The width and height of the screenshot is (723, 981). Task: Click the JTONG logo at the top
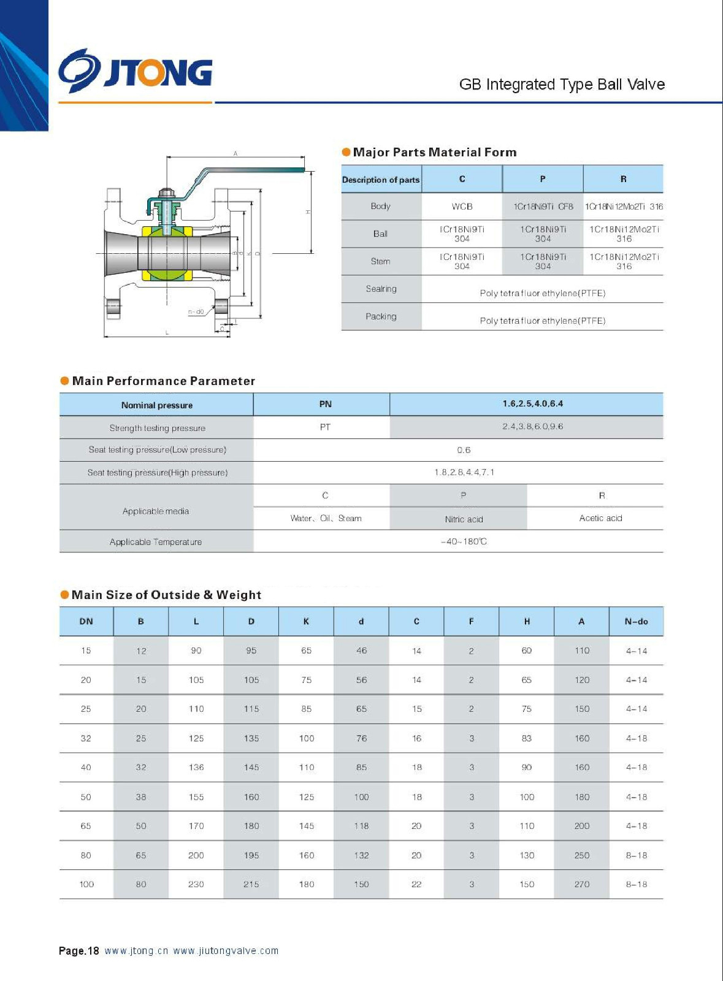pos(136,71)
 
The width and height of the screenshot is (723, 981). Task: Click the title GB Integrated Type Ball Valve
pos(562,85)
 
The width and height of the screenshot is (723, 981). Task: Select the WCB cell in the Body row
pos(462,207)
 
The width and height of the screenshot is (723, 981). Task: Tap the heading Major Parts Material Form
pos(434,152)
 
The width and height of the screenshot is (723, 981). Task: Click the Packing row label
pos(381,316)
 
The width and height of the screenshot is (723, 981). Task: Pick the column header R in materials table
pos(623,179)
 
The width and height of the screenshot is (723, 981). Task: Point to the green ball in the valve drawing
pos(167,253)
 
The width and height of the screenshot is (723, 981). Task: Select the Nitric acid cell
pos(464,519)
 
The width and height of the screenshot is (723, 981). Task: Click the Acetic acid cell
pos(600,518)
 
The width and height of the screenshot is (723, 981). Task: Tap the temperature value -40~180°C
pos(464,541)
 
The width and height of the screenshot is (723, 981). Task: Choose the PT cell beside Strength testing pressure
pos(325,427)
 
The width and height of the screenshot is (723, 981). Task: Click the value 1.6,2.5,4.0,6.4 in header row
pos(532,403)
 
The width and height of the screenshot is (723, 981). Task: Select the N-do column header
pos(636,621)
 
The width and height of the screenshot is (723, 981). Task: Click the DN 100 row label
pos(86,884)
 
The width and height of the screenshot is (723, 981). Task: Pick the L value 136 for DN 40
pos(196,767)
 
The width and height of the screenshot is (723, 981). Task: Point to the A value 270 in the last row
pos(582,884)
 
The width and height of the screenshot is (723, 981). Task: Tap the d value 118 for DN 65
pos(361,826)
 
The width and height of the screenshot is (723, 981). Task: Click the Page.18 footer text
pos(78,951)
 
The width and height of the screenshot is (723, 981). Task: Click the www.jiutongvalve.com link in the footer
pos(226,951)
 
